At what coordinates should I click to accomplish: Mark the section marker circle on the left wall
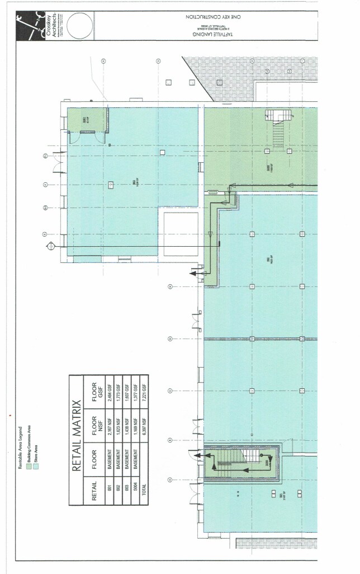point(51,244)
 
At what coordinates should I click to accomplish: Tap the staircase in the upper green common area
point(277,128)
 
